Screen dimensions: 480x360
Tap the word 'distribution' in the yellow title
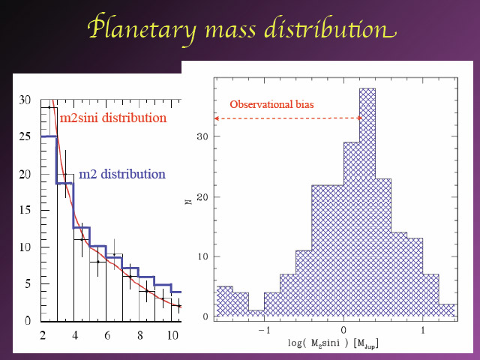[330, 29]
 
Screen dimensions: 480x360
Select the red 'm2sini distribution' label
[113, 118]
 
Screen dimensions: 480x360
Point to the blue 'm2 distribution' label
[122, 174]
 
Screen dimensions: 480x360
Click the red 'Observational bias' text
[271, 104]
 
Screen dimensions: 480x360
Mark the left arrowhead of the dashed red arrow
[216, 118]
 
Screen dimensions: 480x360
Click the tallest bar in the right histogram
[367, 202]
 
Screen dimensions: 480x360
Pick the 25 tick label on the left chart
[25, 136]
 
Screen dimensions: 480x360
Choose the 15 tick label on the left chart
[25, 210]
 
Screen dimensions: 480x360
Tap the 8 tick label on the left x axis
[140, 335]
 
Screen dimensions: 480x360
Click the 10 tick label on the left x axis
[172, 335]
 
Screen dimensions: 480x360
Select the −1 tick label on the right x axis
[264, 330]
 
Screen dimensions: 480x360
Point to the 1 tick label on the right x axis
[423, 330]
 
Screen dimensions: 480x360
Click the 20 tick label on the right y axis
[202, 196]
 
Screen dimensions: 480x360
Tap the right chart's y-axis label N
[188, 202]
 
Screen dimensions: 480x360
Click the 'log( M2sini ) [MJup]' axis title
[333, 343]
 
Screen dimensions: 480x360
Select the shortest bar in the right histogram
[256, 313]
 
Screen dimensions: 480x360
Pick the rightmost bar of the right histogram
[447, 310]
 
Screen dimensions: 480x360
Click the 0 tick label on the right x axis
[343, 330]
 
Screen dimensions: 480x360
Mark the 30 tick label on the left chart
[25, 100]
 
